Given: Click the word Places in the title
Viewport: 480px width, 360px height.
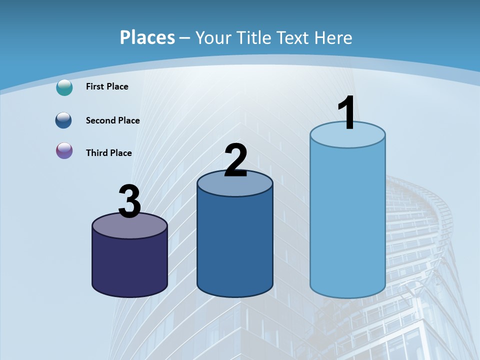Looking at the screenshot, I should pos(147,37).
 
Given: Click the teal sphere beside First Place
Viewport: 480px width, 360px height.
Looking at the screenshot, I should pos(64,87).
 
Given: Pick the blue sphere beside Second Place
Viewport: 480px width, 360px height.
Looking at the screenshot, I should pos(64,120).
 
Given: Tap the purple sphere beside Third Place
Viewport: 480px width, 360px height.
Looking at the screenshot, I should pos(64,150).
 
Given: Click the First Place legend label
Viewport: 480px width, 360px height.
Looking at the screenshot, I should pos(107,86).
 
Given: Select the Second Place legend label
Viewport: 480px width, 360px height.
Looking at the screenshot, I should pos(112,120).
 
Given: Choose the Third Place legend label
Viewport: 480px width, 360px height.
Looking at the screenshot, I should pos(108,153).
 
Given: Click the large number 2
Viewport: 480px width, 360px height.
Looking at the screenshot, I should pos(235,160).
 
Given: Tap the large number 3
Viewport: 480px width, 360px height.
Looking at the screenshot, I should pos(130,202).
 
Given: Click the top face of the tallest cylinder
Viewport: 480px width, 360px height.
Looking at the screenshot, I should pos(347,138).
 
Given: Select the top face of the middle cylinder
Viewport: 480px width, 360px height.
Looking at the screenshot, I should pos(235,184).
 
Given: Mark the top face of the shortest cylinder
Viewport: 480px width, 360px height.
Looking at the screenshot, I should pos(130,227).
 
